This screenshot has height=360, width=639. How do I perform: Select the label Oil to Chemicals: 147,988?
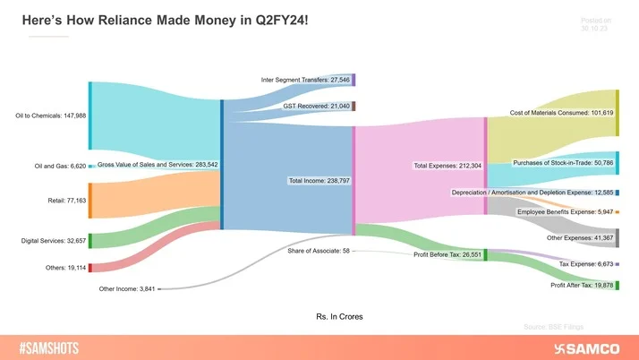tap(50, 115)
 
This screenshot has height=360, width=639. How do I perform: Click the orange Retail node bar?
tap(89, 201)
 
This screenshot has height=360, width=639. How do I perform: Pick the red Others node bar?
tap(89, 267)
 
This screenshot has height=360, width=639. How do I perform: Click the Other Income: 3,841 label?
tap(128, 288)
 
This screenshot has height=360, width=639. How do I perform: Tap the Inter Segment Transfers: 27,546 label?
tap(304, 81)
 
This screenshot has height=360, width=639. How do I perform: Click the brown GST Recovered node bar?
tap(354, 107)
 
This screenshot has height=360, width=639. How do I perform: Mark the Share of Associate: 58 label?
tap(319, 251)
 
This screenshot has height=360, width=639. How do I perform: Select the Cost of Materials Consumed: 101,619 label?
tap(561, 113)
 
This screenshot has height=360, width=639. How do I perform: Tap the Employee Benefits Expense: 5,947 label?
tap(565, 212)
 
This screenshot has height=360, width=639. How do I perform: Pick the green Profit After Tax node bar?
tap(617, 285)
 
